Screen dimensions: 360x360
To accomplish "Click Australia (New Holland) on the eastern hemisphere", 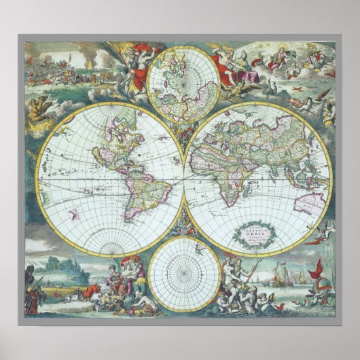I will coord(313,202).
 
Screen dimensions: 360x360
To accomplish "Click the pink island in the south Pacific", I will coord(74,216).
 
